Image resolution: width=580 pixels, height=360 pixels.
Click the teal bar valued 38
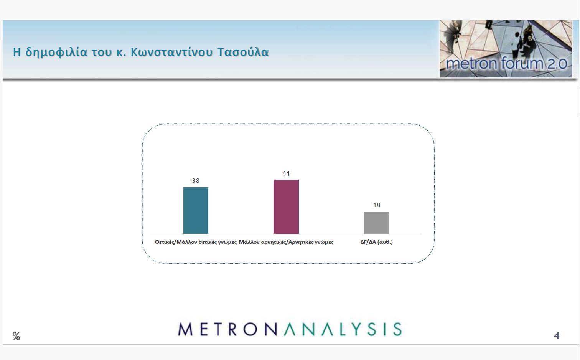coord(196,210)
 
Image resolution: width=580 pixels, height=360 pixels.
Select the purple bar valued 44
coord(286,207)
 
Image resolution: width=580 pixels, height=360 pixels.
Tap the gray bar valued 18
coord(376,223)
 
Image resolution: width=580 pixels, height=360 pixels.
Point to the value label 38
coord(196,181)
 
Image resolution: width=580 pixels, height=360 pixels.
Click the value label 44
coord(286,173)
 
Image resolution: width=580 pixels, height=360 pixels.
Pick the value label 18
coord(376,205)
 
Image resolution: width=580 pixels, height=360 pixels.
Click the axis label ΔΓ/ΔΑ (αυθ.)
coord(376,242)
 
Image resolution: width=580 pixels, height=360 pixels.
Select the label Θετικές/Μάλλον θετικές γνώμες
coord(196,242)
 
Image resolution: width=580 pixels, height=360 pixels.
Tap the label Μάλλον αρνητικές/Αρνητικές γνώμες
coord(286,242)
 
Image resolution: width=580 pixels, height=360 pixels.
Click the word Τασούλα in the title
coord(243,52)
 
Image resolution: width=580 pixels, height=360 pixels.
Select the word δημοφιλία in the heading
coord(56,53)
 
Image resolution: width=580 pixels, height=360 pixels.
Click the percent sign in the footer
coord(16,336)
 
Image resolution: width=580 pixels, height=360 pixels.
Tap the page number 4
coord(557,336)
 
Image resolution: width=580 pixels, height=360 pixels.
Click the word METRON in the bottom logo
coord(228,329)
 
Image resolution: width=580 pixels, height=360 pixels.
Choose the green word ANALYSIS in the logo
coord(343,329)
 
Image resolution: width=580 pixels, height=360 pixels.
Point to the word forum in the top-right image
coord(522,63)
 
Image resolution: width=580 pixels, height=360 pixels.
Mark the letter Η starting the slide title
coord(16,52)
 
